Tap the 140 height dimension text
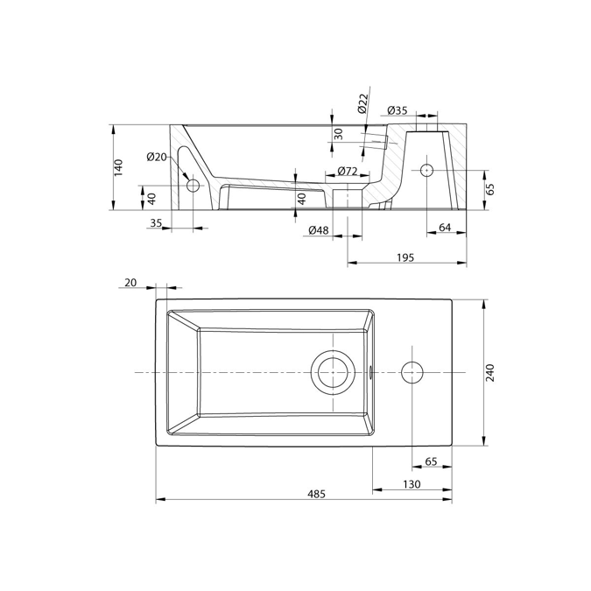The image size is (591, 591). (x=119, y=166)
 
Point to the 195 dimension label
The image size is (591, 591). (x=404, y=257)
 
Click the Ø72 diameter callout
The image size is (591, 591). (x=347, y=171)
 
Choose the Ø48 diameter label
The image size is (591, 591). (x=319, y=230)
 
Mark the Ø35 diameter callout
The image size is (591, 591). (x=397, y=110)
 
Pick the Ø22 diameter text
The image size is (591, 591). (x=362, y=104)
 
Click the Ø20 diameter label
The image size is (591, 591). (x=157, y=157)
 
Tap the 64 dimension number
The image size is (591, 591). (x=444, y=229)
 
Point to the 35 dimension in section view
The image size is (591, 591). (x=156, y=223)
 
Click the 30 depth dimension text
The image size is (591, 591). (x=339, y=134)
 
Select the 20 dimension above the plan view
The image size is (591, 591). (x=130, y=282)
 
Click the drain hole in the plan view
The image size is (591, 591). (x=333, y=372)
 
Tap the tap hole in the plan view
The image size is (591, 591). (x=412, y=372)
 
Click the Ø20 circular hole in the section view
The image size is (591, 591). (x=193, y=186)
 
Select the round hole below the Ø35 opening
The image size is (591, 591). (x=427, y=169)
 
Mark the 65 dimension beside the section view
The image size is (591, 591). (x=490, y=188)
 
